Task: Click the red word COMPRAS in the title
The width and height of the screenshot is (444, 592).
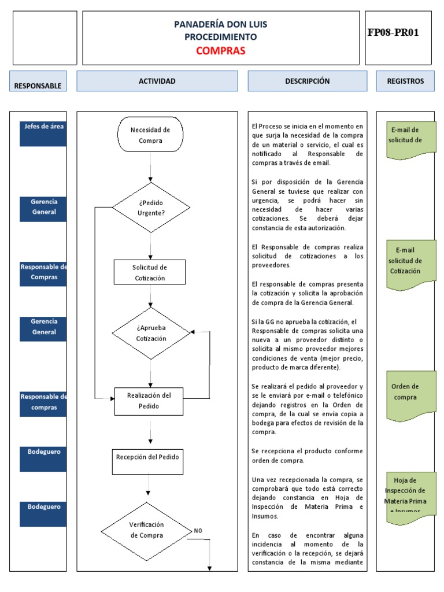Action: coord(220,50)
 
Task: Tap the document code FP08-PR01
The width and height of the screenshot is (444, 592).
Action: coord(393,32)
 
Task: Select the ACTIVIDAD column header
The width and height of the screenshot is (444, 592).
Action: coord(157,81)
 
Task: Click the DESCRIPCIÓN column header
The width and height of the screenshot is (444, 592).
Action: coord(307,81)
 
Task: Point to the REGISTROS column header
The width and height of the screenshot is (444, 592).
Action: coord(405,81)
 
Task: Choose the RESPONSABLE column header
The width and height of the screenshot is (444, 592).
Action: coord(38,85)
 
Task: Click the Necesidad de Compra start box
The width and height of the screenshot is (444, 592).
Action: coord(150,135)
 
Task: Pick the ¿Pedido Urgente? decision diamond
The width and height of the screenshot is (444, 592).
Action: coord(150,208)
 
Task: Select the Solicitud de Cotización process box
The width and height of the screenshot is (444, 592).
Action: coord(150,272)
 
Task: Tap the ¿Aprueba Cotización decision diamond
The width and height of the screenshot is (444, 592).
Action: coord(150,333)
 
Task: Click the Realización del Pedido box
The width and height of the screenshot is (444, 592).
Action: coord(150,401)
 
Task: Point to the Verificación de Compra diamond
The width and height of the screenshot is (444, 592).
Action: coord(146,530)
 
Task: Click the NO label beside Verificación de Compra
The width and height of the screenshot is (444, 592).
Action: coord(198,530)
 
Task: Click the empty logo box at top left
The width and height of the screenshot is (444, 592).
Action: coord(45,38)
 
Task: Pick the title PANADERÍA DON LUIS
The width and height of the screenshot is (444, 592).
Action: coord(220,24)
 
